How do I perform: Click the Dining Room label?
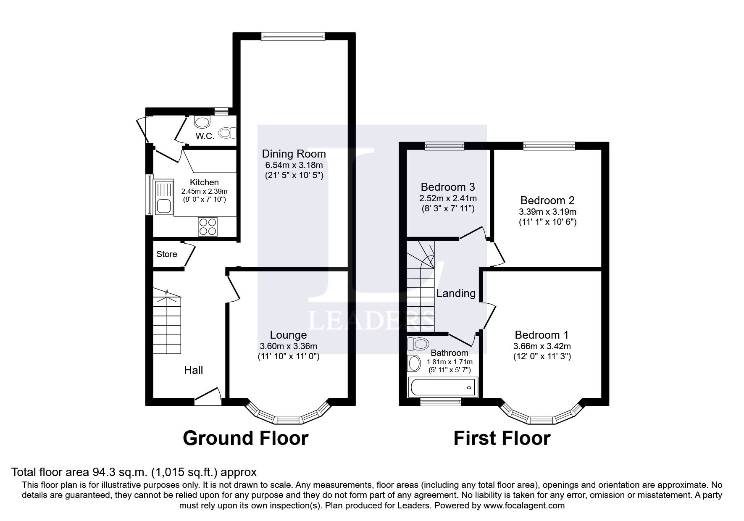[x=294, y=154]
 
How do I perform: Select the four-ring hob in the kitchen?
[x=208, y=227]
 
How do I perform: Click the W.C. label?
[x=205, y=136]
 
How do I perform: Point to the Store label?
[x=167, y=254]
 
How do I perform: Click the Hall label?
[x=193, y=370]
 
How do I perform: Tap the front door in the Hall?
[x=208, y=397]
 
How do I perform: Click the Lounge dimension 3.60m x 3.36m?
[x=288, y=347]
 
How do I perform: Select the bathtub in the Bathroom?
[x=443, y=387]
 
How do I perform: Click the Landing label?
[x=456, y=293]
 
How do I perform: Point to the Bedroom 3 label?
[x=447, y=187]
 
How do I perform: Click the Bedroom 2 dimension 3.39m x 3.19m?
[x=547, y=212]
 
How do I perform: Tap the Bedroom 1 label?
[x=542, y=335]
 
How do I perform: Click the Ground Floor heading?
[x=245, y=438]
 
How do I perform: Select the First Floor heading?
[x=502, y=438]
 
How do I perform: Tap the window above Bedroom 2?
[x=549, y=146]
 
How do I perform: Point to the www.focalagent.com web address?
[x=523, y=506]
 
